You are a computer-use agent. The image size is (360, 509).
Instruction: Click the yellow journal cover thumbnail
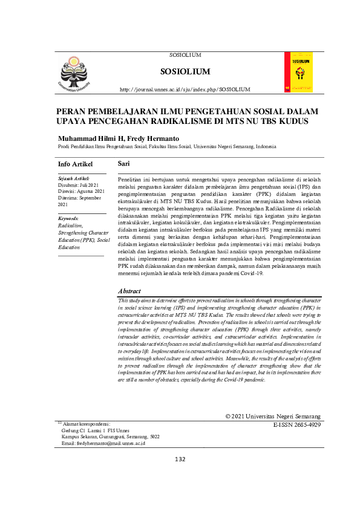(x=298, y=73)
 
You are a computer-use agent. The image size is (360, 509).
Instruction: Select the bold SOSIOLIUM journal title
(x=185, y=72)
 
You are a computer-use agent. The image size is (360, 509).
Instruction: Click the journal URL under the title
(x=185, y=89)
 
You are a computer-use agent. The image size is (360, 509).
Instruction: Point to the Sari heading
(x=123, y=164)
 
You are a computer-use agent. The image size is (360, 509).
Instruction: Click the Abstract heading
(x=130, y=291)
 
